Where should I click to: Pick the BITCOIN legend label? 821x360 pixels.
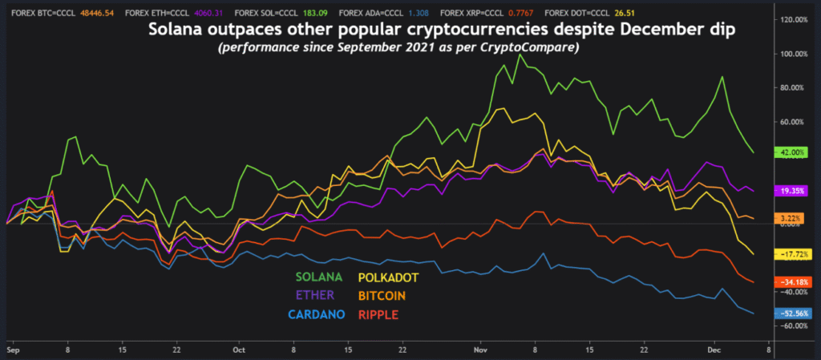tap(382, 295)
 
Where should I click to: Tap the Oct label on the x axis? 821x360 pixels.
tap(237, 350)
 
